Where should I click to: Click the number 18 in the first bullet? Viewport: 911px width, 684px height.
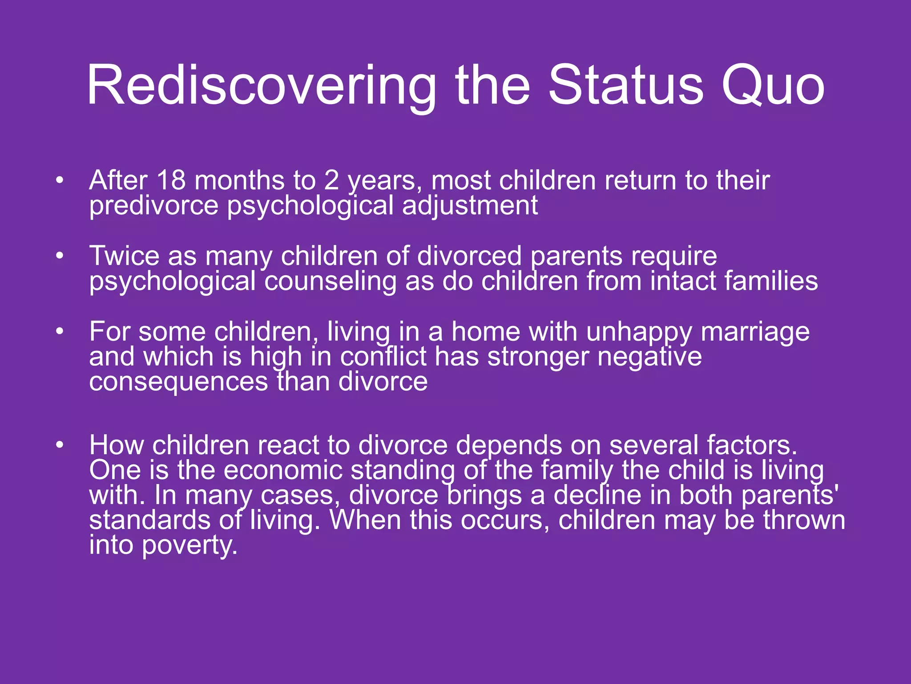[171, 180]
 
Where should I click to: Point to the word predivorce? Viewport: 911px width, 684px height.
[154, 206]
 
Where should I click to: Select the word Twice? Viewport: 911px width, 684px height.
[124, 256]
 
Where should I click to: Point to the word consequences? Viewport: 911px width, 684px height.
[178, 382]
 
